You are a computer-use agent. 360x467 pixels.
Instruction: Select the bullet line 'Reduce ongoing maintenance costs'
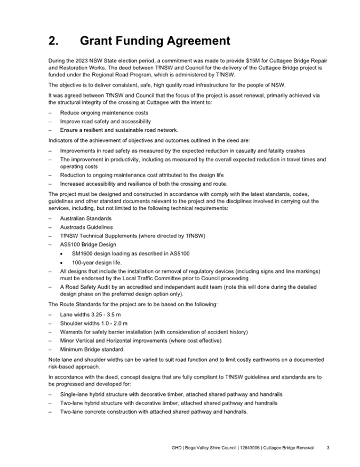[104, 113]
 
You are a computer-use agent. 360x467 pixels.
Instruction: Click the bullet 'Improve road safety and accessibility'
[109, 122]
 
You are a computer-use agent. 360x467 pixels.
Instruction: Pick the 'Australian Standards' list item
[86, 218]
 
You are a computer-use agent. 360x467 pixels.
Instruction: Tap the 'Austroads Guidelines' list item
[86, 227]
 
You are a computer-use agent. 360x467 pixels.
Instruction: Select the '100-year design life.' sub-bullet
[97, 263]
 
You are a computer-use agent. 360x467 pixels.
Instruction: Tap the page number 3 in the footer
[328, 447]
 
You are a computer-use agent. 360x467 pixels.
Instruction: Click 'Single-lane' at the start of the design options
[74, 394]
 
